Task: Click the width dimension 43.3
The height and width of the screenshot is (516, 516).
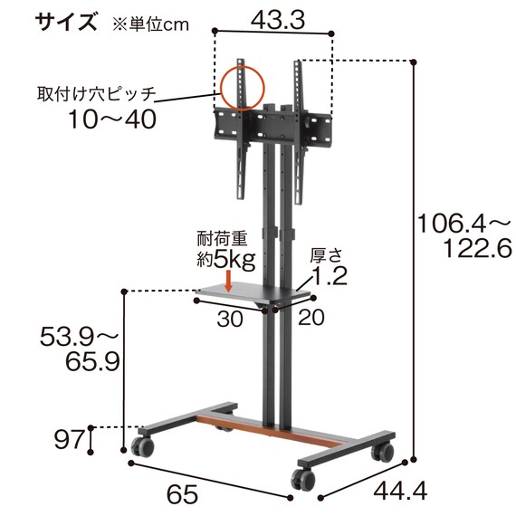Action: coord(274,17)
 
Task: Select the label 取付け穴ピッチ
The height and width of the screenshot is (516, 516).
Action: coord(96,93)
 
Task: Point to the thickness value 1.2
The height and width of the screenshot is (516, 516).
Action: coord(330,277)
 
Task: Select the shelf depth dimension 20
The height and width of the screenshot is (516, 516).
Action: coord(311,319)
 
